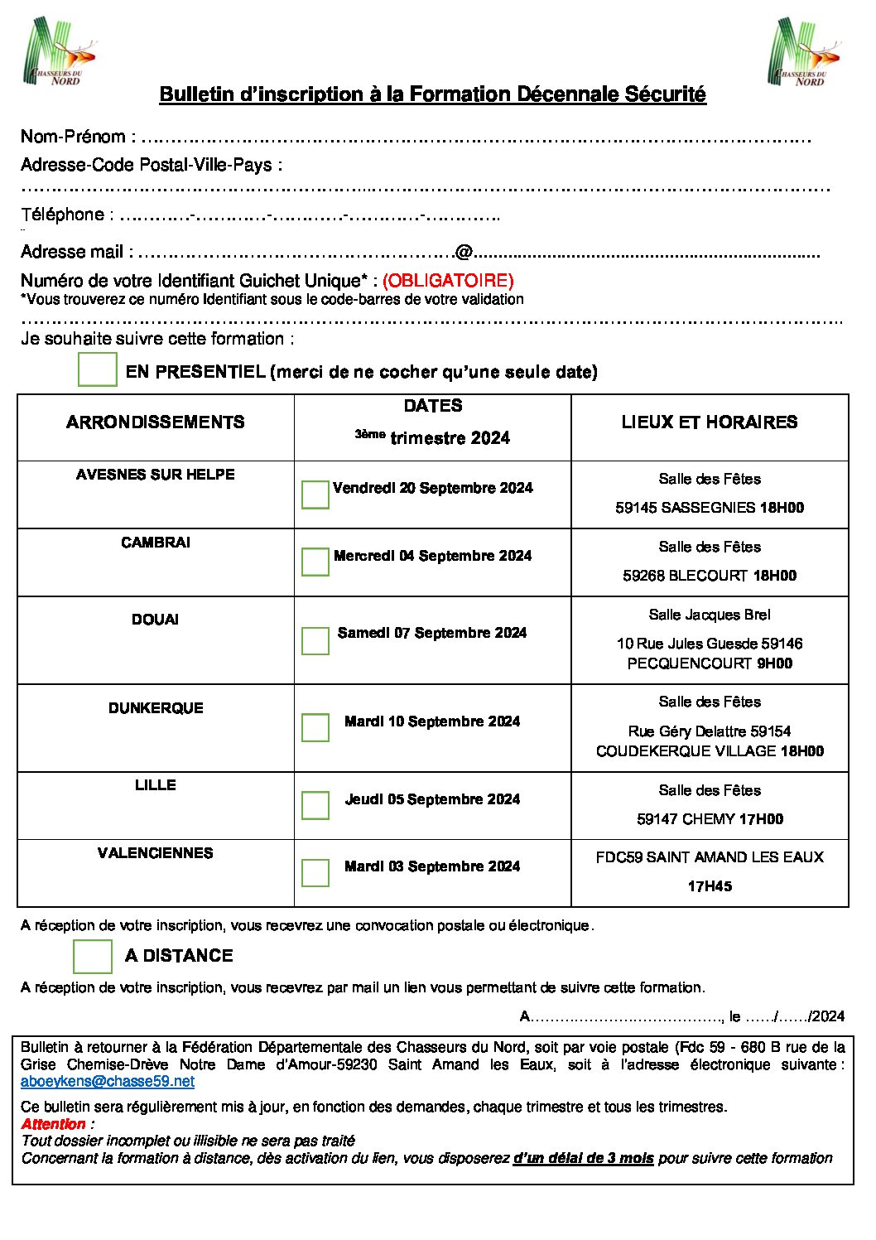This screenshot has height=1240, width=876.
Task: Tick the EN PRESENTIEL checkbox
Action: (97, 369)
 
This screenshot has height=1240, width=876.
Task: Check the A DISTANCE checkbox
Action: (93, 956)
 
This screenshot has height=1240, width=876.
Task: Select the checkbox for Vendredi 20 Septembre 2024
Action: (315, 495)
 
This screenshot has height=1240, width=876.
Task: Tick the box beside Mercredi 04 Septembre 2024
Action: (315, 562)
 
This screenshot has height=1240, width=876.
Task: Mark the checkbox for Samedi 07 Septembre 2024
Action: (315, 640)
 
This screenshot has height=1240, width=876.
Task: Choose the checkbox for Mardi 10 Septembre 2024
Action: (315, 727)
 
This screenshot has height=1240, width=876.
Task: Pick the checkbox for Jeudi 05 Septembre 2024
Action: (315, 805)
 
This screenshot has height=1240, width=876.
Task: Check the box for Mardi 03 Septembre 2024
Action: (315, 872)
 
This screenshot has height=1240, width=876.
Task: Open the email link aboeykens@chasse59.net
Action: (108, 1081)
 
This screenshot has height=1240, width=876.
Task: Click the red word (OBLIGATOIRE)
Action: (448, 281)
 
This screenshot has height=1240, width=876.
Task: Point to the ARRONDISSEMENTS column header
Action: (156, 422)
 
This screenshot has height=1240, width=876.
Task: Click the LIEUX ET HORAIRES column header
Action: (710, 422)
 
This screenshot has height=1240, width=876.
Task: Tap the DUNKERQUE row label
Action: (156, 708)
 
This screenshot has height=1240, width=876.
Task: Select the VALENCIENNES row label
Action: (156, 853)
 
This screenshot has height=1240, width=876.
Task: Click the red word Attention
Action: (54, 1124)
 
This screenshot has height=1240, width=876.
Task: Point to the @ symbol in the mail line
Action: (463, 252)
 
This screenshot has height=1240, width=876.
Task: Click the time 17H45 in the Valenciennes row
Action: (710, 886)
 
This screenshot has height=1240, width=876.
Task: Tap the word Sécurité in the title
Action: (665, 94)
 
